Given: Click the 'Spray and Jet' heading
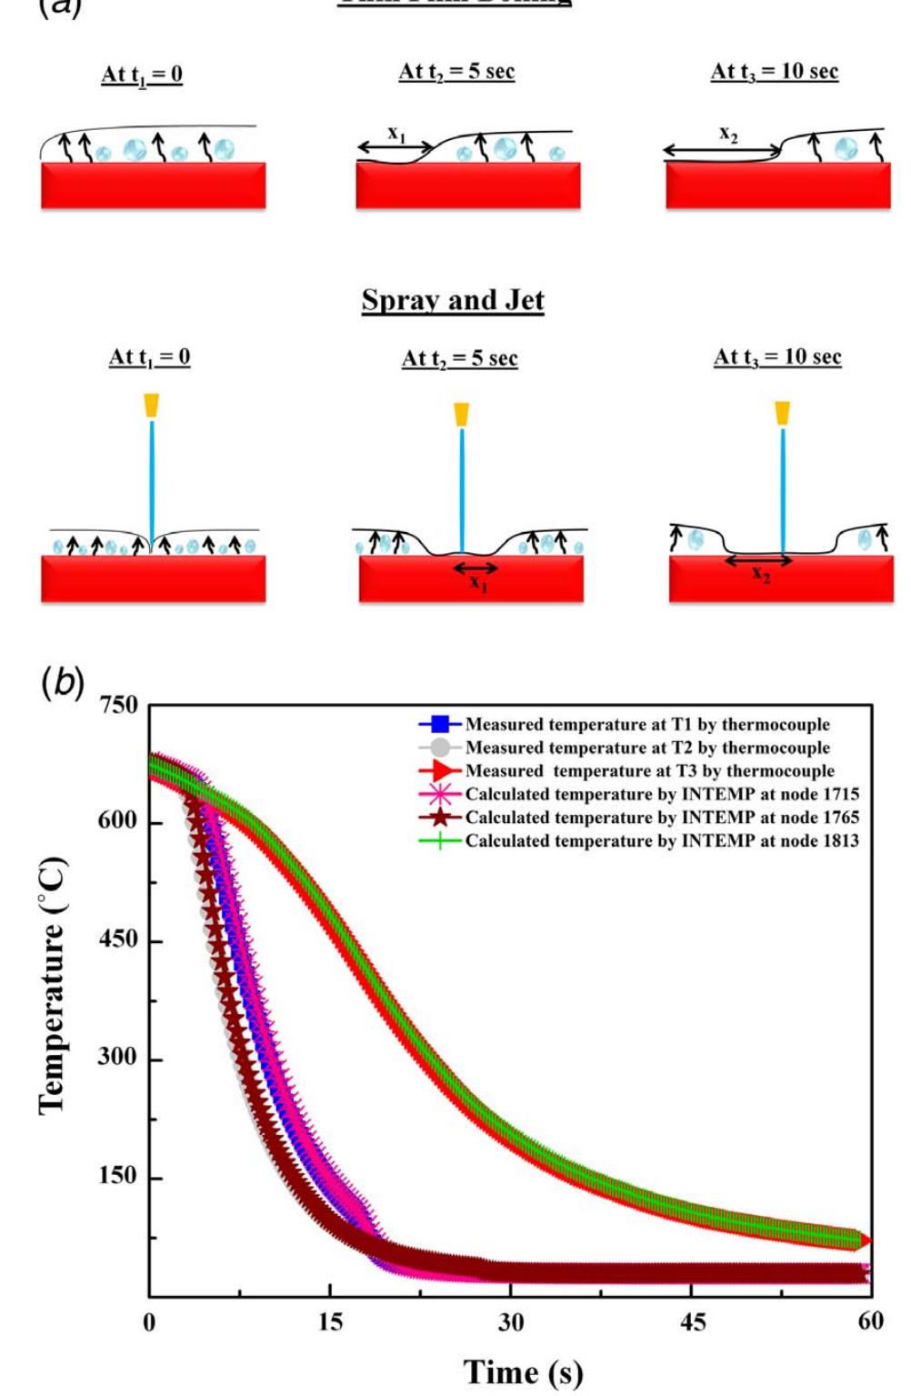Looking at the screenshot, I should point(453,300).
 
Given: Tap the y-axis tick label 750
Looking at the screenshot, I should point(118,706).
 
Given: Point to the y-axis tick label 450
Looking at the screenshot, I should point(118,939).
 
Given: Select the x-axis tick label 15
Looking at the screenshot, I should point(330,1321).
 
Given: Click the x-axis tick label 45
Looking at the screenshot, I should point(692,1321).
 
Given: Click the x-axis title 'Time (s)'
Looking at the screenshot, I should point(523,1371).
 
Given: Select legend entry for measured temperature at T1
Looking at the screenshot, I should point(646,725).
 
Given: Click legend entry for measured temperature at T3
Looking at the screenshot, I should point(649,771).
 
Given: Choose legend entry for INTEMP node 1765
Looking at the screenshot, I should point(661,818).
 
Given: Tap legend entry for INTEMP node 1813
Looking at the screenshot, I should point(661,841).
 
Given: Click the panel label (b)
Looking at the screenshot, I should point(63,682).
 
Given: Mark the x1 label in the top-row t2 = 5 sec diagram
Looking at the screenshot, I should point(396,134).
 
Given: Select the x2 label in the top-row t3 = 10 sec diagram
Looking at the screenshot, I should point(728,134).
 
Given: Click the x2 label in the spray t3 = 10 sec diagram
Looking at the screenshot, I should point(760,574).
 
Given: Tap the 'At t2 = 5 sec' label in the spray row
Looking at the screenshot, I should point(459,358).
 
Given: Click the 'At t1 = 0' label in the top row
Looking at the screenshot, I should point(142,75).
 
